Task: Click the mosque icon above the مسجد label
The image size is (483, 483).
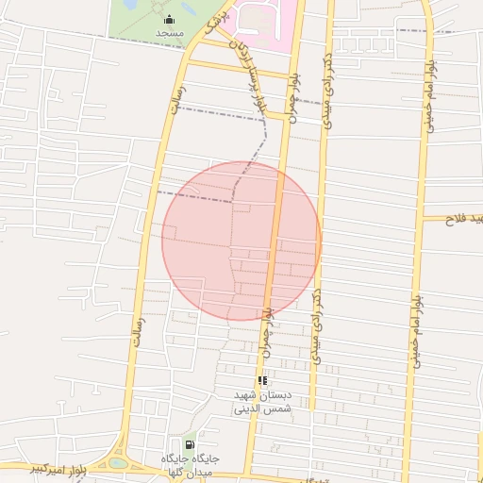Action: [x=169, y=20]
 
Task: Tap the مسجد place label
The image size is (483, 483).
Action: [x=169, y=33]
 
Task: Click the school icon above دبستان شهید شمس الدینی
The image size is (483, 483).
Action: [x=262, y=380]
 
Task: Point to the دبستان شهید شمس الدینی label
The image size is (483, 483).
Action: [x=263, y=403]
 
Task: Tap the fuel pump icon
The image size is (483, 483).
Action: [x=190, y=444]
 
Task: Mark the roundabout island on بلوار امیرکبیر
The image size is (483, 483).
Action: [x=118, y=462]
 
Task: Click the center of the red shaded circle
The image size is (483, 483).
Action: [x=241, y=241]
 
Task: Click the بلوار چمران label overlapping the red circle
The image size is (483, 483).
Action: [x=271, y=316]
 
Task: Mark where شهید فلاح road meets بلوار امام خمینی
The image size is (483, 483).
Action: [x=422, y=218]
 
